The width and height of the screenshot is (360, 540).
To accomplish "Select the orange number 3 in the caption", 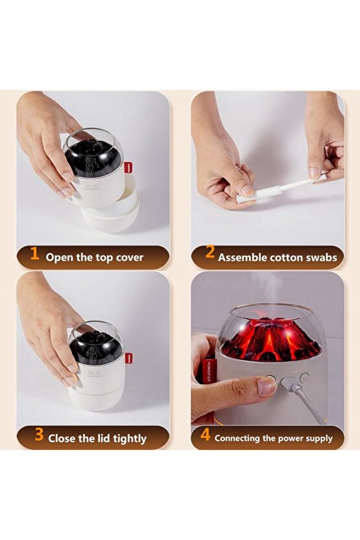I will point(38,436).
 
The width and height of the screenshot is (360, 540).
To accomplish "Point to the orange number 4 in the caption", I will point(205,435).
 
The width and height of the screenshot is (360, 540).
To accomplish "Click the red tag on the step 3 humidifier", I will point(128,357).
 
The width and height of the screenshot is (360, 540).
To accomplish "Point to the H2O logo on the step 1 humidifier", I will point(91,186).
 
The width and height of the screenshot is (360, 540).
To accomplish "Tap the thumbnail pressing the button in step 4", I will point(266,387).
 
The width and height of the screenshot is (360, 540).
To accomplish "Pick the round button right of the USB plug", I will point(304,376).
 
